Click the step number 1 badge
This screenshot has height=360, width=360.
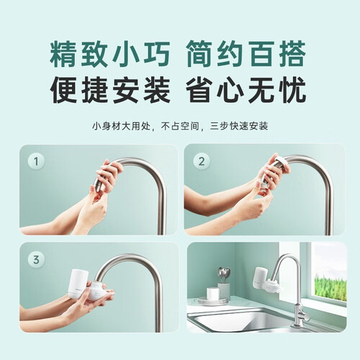36,161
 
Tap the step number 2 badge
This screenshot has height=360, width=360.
202,161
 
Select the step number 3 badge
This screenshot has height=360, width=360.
36,260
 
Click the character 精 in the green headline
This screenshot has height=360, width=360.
63,54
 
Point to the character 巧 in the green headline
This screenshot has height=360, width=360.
156,54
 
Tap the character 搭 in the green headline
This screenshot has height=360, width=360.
292,54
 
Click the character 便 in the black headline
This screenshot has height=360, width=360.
63,90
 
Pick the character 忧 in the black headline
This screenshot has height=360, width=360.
292,90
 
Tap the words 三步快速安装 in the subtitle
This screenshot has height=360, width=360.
239,126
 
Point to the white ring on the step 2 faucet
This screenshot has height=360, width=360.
280,161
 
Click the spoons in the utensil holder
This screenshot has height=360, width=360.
224,274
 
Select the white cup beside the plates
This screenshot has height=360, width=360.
213,292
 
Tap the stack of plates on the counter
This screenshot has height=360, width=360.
212,301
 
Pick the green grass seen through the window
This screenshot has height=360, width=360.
330,288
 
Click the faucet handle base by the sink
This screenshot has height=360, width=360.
300,315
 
